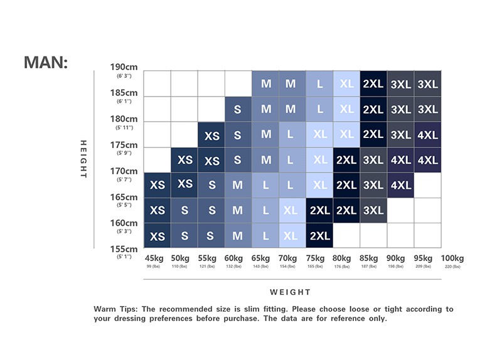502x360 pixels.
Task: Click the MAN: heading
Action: [x=45, y=63]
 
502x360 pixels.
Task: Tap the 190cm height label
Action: [x=124, y=67]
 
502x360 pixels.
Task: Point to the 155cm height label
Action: [x=124, y=248]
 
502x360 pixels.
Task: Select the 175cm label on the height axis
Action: [x=124, y=144]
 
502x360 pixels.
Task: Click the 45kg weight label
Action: [x=154, y=258]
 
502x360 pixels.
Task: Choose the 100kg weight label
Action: [x=452, y=258]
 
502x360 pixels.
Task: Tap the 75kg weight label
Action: [x=316, y=258]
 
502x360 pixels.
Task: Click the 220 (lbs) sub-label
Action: [x=452, y=267]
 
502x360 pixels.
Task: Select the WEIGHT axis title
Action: [x=291, y=292]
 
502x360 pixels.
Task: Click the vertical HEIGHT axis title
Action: [x=83, y=159]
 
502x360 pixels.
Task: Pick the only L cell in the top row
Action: [x=320, y=83]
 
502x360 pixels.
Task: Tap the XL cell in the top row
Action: [x=347, y=83]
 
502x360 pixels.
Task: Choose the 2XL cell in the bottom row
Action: [x=320, y=236]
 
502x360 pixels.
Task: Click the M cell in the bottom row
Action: [x=237, y=236]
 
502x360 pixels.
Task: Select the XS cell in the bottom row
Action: [x=158, y=236]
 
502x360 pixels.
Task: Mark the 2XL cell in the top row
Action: [x=373, y=83]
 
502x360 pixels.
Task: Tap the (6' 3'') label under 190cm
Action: [x=124, y=76]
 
